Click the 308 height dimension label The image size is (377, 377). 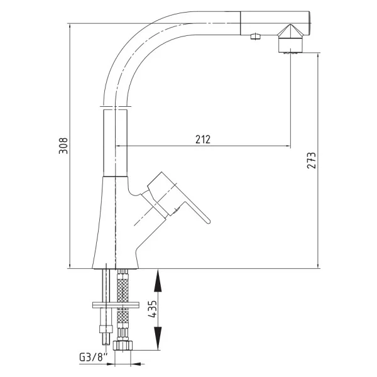[63, 146]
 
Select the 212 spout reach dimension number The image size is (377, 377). [203, 139]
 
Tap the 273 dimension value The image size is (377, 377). [312, 160]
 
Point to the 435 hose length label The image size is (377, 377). [153, 309]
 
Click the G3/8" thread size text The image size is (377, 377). [93, 358]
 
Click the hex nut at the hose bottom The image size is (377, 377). [123, 345]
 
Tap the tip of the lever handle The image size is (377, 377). [208, 221]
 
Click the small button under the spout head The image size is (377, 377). [255, 36]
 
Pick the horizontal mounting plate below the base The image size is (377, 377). [116, 305]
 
